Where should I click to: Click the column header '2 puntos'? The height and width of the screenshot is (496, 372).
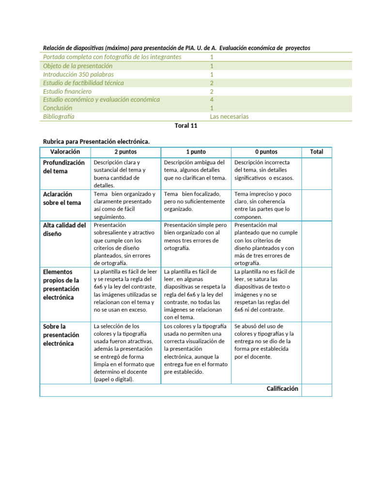(x=125, y=152)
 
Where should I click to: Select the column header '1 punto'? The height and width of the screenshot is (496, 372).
(x=196, y=152)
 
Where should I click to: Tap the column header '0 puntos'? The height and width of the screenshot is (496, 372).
(x=266, y=152)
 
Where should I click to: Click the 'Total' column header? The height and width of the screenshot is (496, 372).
(x=316, y=152)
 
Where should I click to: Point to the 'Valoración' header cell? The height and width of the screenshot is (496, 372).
(x=65, y=152)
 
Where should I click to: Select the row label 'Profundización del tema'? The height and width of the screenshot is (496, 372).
(x=64, y=167)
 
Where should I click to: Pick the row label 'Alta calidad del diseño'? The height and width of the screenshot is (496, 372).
(x=64, y=229)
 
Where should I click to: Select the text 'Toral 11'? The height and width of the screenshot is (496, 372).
(x=186, y=125)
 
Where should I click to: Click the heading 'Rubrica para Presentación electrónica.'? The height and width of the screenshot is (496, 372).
(x=96, y=141)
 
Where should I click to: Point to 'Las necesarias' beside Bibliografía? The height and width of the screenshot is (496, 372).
(x=230, y=117)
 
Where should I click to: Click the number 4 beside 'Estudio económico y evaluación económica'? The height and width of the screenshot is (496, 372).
(x=212, y=100)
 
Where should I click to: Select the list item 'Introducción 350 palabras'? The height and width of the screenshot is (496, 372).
(x=78, y=74)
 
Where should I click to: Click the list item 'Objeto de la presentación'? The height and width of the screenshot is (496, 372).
(x=77, y=66)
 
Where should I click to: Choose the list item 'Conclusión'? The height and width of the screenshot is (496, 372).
(x=58, y=108)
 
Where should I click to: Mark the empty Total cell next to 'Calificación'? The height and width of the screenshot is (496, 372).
(x=317, y=389)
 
